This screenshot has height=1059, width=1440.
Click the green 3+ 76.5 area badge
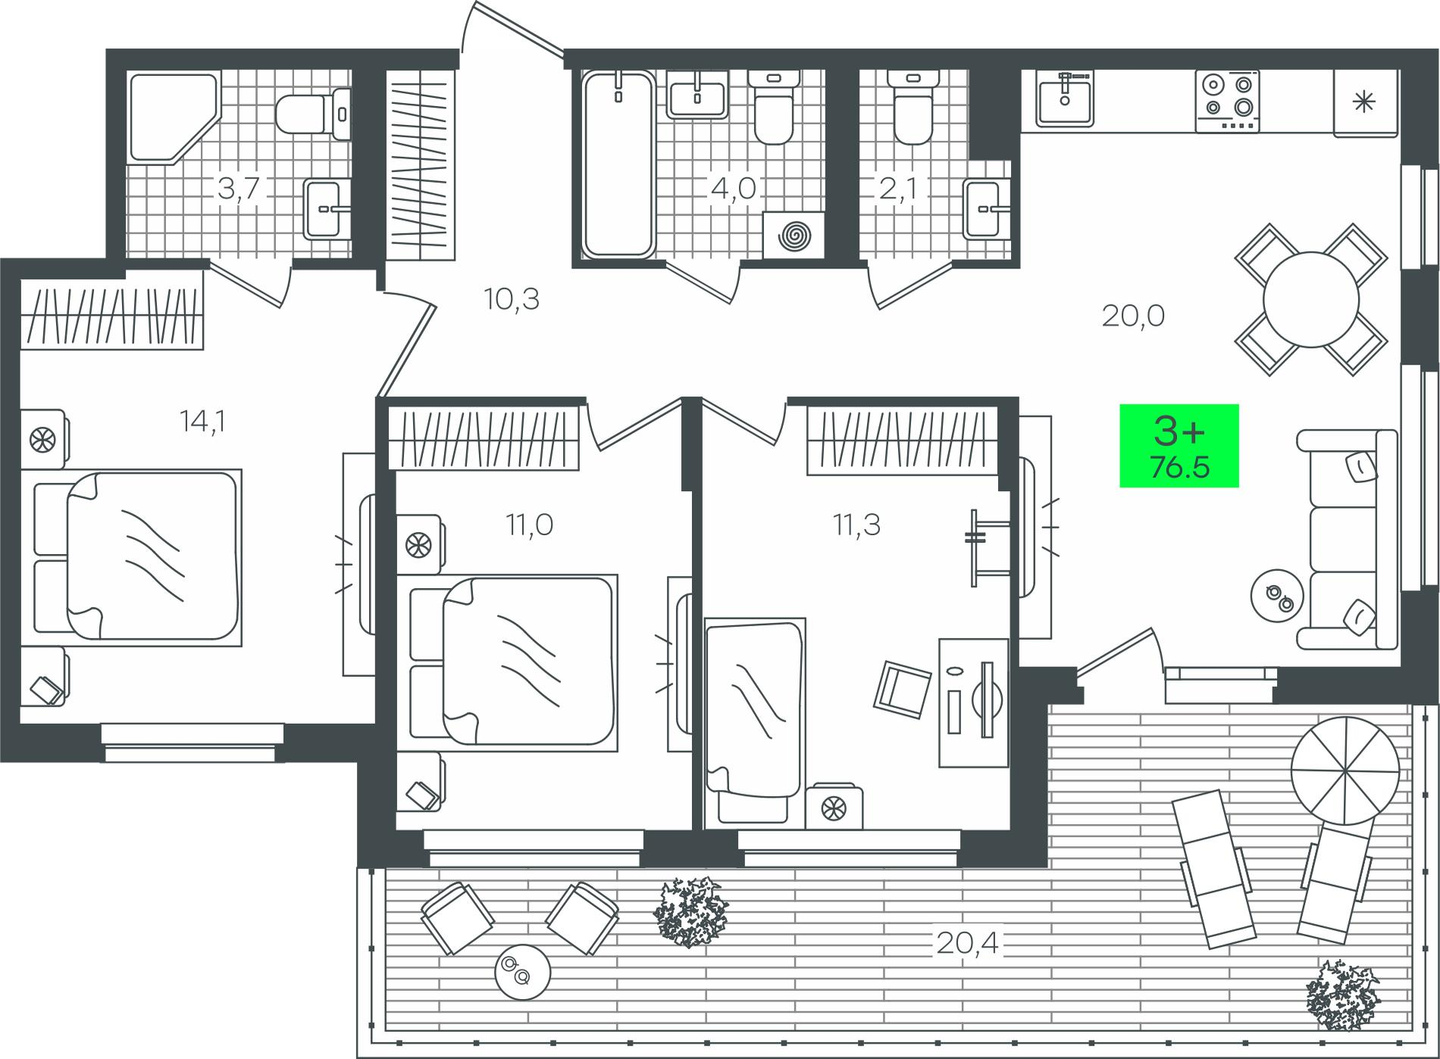click(1179, 446)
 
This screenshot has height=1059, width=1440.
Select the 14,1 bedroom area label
click(203, 421)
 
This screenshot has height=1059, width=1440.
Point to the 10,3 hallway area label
click(512, 300)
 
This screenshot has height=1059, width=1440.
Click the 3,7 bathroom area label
click(239, 189)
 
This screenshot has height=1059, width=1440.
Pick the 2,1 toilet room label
click(900, 189)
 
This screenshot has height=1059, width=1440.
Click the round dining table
click(1310, 299)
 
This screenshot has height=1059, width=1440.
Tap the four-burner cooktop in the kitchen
click(1227, 102)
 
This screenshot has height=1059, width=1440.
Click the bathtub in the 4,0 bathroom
click(618, 164)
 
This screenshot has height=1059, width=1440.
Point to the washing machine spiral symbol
click(792, 237)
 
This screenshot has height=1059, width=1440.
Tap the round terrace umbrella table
click(1345, 774)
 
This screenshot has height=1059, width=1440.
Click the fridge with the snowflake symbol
click(1365, 103)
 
